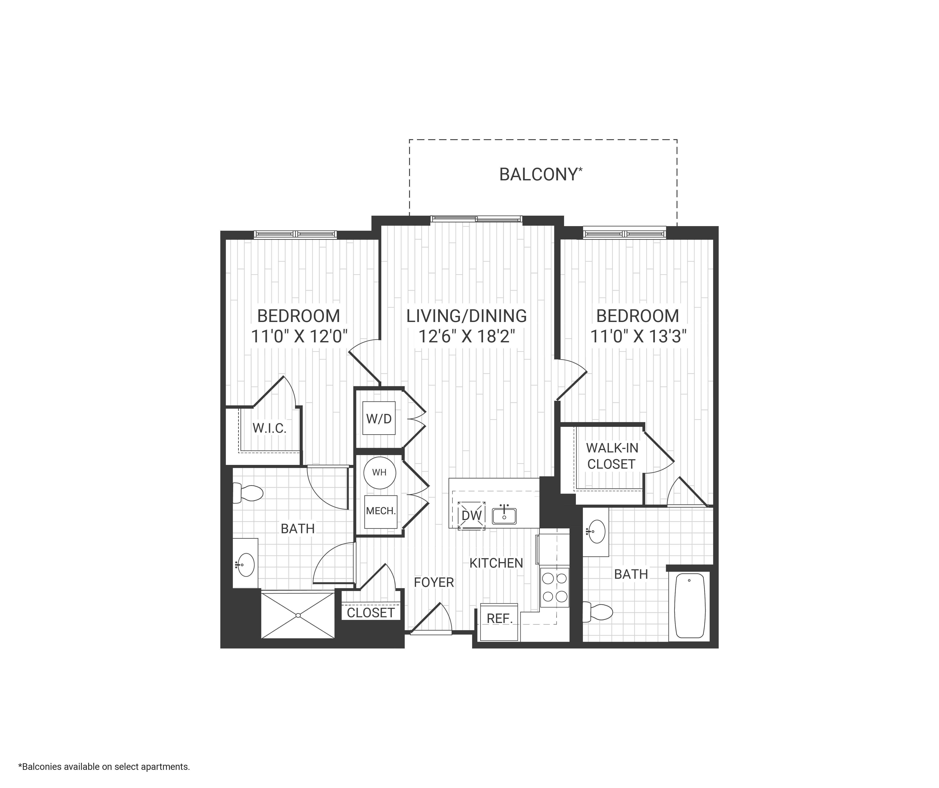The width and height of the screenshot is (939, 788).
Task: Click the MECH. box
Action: tap(380, 511)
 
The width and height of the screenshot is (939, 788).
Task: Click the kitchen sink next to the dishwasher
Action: tap(504, 516)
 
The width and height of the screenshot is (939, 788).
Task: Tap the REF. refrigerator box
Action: tap(499, 619)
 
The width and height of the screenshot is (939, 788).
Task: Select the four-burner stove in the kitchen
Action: tap(554, 587)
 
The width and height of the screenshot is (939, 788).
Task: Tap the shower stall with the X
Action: tap(298, 615)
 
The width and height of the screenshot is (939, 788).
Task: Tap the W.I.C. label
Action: tap(269, 428)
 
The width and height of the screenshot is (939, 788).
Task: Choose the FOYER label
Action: tap(434, 582)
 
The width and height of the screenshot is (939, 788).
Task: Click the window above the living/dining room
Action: tap(476, 219)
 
